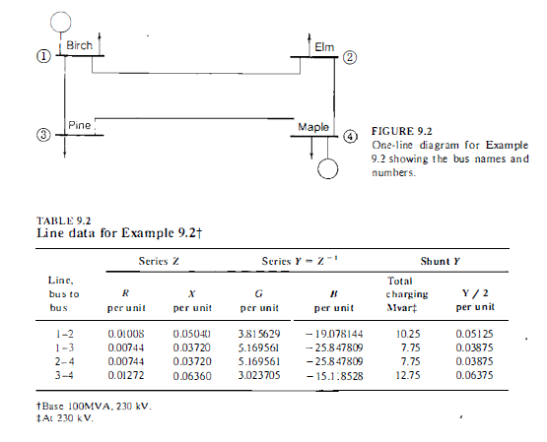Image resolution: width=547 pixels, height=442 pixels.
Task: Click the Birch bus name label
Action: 80,45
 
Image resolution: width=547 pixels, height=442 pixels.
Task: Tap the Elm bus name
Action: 324,47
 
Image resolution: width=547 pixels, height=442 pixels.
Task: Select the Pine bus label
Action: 80,125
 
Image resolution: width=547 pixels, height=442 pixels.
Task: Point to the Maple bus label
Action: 312,127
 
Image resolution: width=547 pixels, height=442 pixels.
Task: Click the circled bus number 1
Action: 43,56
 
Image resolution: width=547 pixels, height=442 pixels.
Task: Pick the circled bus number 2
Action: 350,57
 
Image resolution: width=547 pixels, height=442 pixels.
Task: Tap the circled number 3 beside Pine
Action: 43,135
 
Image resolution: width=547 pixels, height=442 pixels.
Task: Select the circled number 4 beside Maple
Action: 351,136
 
